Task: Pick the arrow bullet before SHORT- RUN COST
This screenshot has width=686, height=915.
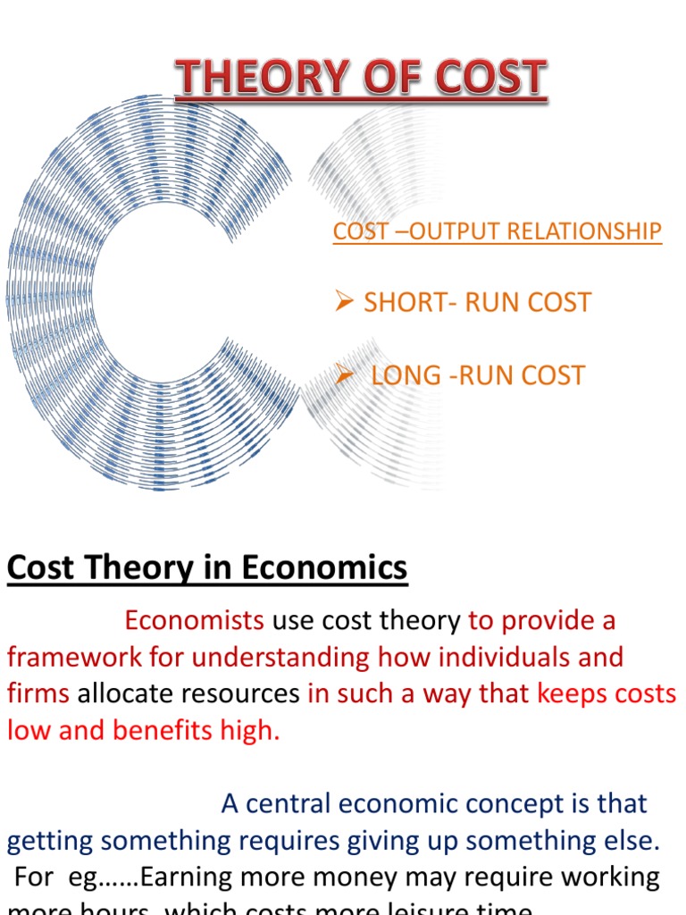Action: (346, 302)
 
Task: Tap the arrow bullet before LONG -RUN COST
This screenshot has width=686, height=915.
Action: (346, 374)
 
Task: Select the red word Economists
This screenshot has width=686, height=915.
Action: (194, 620)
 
